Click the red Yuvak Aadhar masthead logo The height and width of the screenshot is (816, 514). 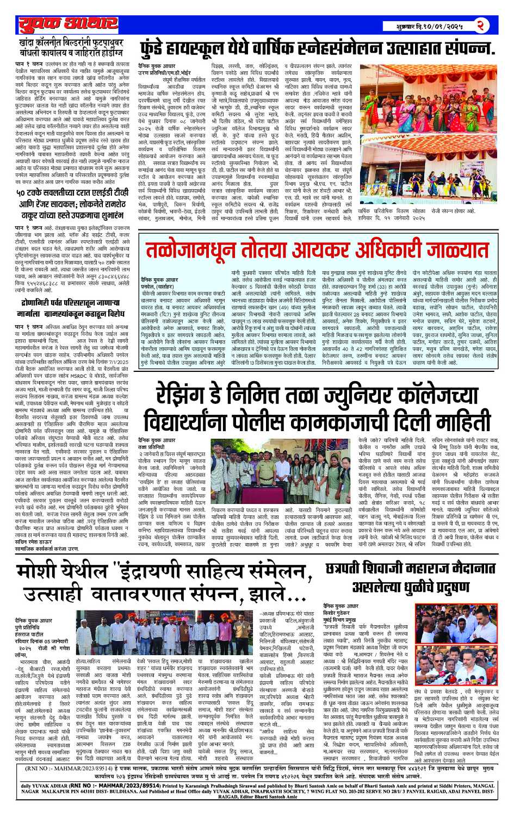pyautogui.click(x=67, y=24)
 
